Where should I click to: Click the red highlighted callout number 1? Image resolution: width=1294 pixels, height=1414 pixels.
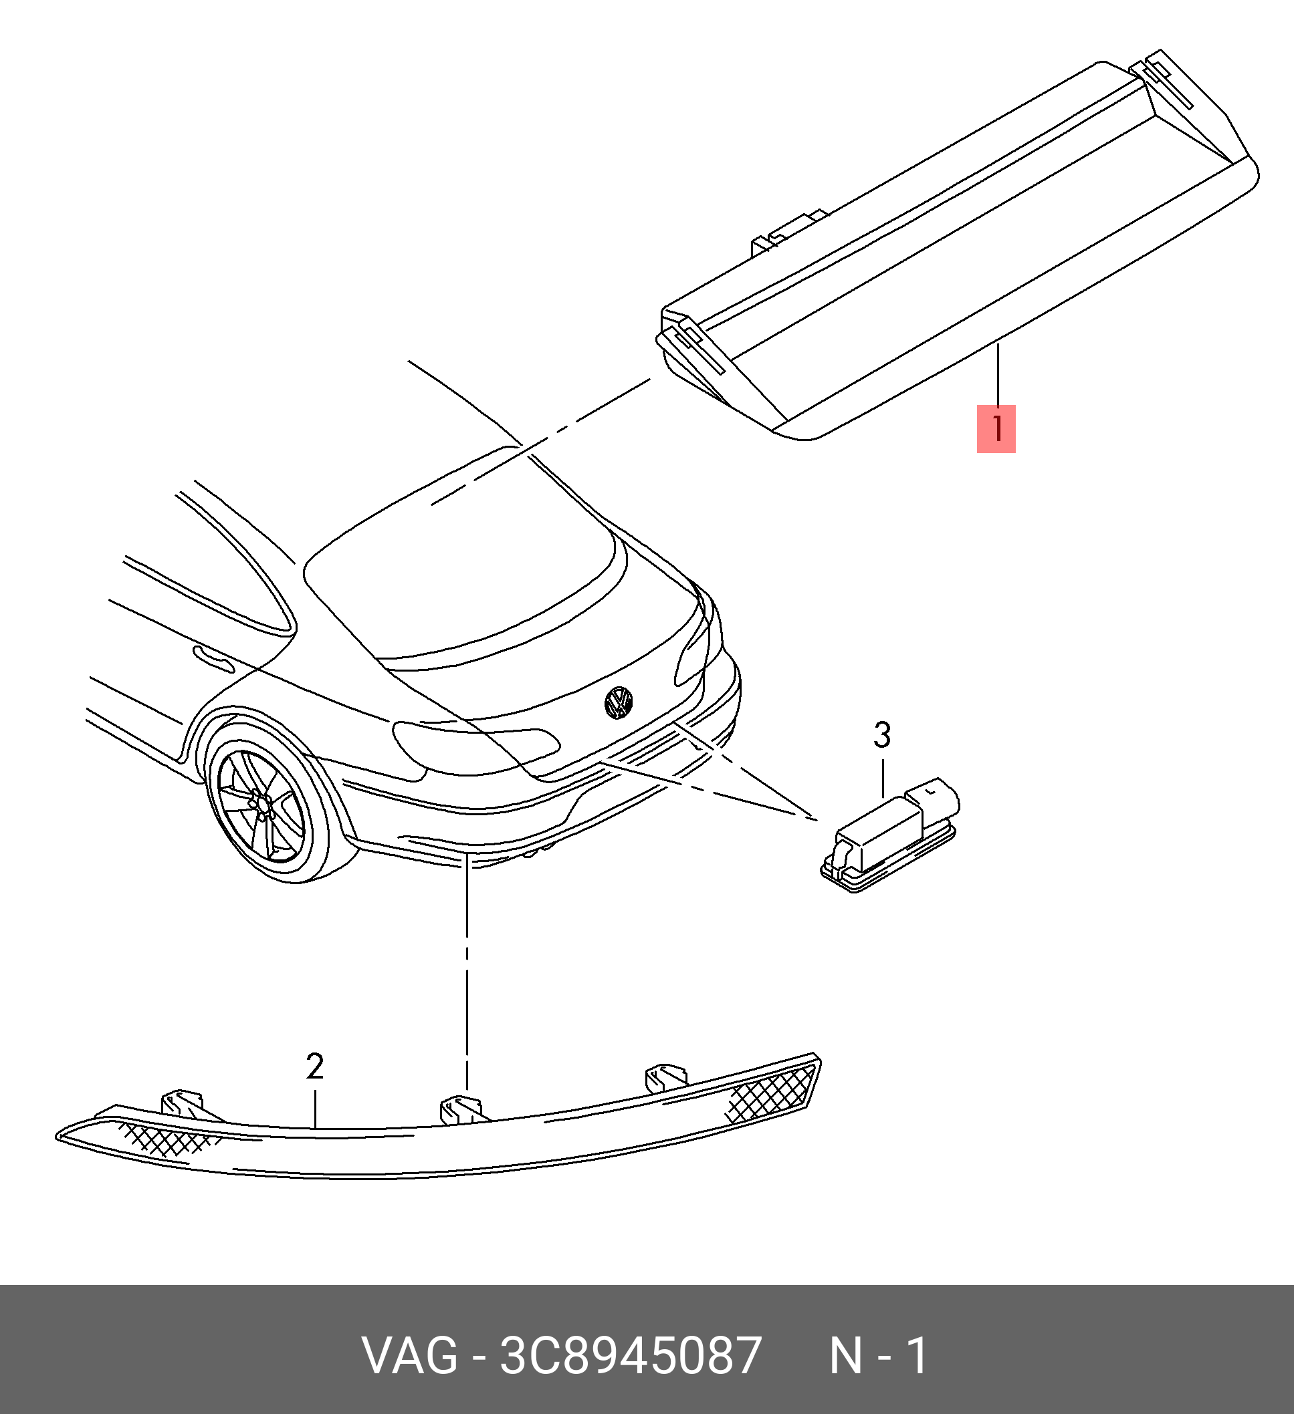[996, 428]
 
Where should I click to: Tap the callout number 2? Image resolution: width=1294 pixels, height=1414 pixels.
[315, 1067]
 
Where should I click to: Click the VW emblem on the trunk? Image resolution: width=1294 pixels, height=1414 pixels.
[618, 702]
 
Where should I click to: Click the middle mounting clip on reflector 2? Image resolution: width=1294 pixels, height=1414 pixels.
[459, 1109]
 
